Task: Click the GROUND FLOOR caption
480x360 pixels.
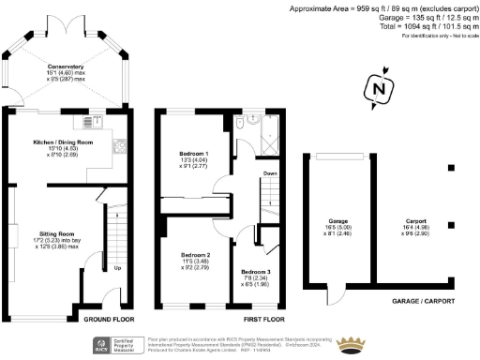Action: [x=97, y=319]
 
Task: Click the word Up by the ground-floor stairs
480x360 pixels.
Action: [x=116, y=268]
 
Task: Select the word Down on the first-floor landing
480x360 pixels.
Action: [x=270, y=174]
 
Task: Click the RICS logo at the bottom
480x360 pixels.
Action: [x=101, y=344]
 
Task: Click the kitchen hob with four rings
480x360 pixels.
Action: [x=120, y=145]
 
